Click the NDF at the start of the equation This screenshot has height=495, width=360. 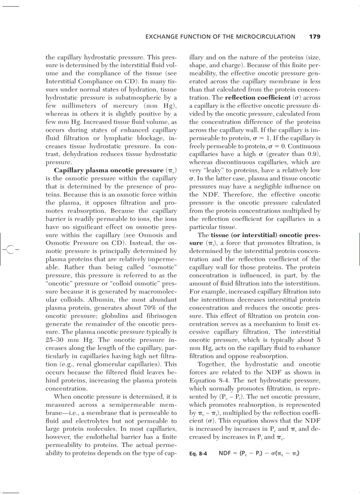click(226, 453)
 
